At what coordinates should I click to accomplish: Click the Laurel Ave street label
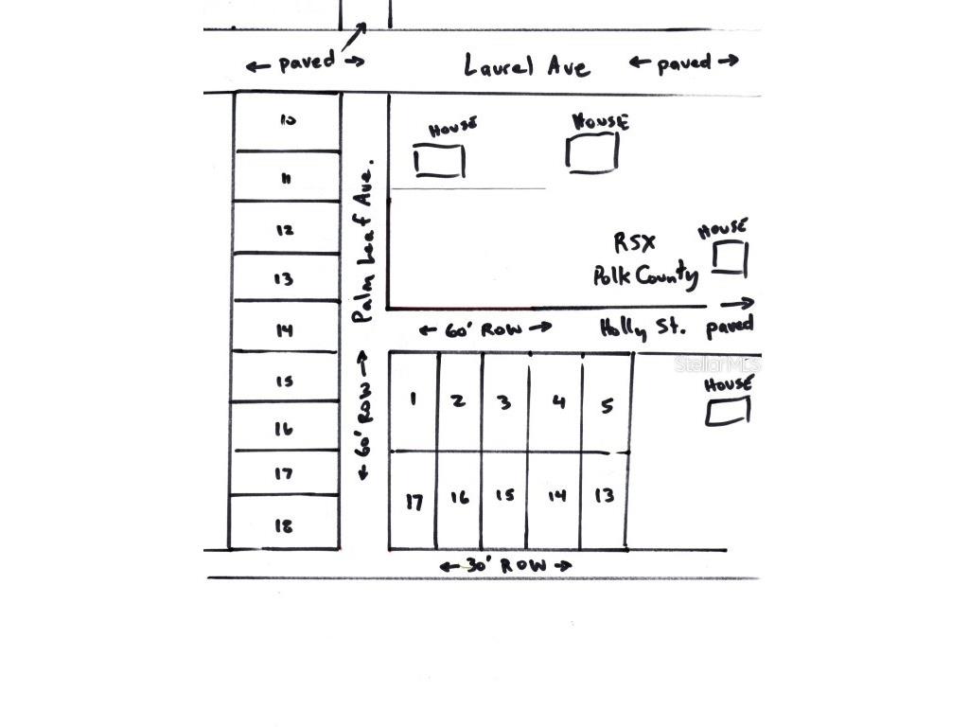pyautogui.click(x=527, y=65)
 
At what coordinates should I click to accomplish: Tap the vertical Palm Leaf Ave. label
pyautogui.click(x=364, y=241)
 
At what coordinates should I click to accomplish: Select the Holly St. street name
pyautogui.click(x=641, y=328)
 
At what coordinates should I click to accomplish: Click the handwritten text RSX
pyautogui.click(x=634, y=242)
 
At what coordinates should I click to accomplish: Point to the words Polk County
pyautogui.click(x=646, y=275)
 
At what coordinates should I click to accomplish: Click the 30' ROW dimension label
pyautogui.click(x=506, y=566)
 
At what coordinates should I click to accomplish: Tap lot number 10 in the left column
pyautogui.click(x=288, y=120)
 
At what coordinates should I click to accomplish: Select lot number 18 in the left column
pyautogui.click(x=284, y=526)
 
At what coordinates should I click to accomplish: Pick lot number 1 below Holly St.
pyautogui.click(x=413, y=399)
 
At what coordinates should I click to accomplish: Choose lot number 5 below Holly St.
pyautogui.click(x=607, y=406)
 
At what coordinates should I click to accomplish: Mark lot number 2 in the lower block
pyautogui.click(x=458, y=400)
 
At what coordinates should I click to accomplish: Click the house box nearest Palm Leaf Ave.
pyautogui.click(x=440, y=161)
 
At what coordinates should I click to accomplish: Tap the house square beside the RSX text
pyautogui.click(x=730, y=258)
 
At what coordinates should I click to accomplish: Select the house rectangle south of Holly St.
pyautogui.click(x=729, y=412)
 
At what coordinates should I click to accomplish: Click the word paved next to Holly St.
pyautogui.click(x=730, y=326)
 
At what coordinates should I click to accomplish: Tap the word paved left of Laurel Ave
pyautogui.click(x=306, y=63)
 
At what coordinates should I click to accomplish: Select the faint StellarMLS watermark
pyautogui.click(x=716, y=363)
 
